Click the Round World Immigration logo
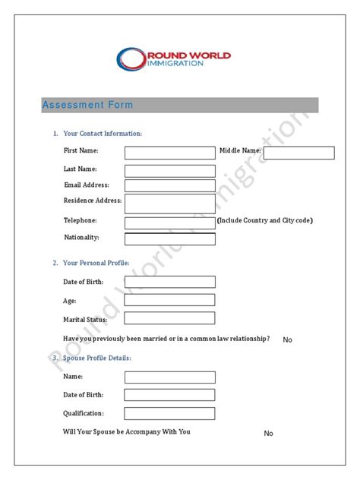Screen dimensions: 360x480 (174, 58)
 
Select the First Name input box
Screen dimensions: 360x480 (169, 153)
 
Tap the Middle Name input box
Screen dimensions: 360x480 (298, 153)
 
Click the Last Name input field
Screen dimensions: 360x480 (169, 170)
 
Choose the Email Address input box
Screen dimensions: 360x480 (169, 185)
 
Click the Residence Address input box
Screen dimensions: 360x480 (169, 203)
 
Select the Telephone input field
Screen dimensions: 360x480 (169, 223)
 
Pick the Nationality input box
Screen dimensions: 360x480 (169, 238)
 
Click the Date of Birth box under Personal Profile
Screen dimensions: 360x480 (169, 282)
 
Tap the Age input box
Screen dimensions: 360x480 (169, 301)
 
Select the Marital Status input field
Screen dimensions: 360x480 (169, 319)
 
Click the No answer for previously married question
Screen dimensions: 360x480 (287, 339)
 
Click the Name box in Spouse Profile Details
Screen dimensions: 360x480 (169, 377)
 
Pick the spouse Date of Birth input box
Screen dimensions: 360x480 (169, 395)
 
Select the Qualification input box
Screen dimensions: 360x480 (169, 413)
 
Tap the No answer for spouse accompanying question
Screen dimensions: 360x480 (268, 433)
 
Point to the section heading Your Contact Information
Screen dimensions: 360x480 (102, 134)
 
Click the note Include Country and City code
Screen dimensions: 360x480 (264, 220)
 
